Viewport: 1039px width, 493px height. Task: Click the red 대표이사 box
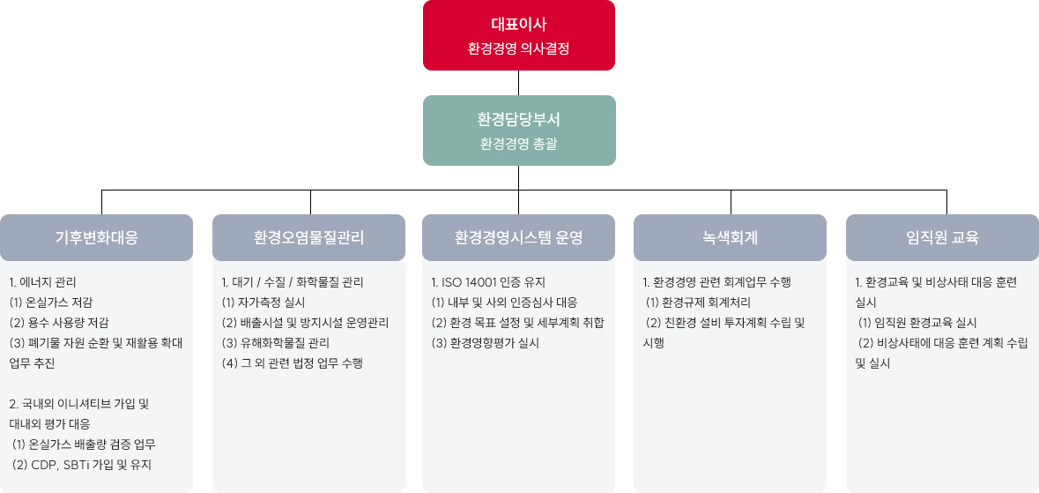pyautogui.click(x=519, y=35)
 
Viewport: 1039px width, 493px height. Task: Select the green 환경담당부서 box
pyautogui.click(x=519, y=130)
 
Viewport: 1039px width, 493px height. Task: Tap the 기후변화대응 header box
pyautogui.click(x=97, y=237)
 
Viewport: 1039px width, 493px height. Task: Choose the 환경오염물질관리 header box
pyautogui.click(x=308, y=237)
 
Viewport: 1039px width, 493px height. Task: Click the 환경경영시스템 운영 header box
pyautogui.click(x=519, y=237)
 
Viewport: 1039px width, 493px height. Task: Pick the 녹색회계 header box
pyautogui.click(x=731, y=237)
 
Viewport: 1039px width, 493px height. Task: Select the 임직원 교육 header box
pyautogui.click(x=942, y=237)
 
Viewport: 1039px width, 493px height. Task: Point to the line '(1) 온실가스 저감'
pyautogui.click(x=50, y=303)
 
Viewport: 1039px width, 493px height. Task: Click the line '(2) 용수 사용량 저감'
pyautogui.click(x=59, y=323)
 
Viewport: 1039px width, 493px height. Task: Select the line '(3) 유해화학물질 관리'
pyautogui.click(x=276, y=343)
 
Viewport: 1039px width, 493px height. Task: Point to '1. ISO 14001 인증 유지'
pyautogui.click(x=488, y=282)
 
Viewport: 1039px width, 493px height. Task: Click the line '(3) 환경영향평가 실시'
pyautogui.click(x=485, y=343)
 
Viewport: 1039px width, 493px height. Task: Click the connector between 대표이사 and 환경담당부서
pyautogui.click(x=519, y=83)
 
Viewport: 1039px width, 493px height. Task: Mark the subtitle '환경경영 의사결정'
pyautogui.click(x=519, y=49)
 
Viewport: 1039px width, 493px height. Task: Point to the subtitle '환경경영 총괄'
pyautogui.click(x=519, y=144)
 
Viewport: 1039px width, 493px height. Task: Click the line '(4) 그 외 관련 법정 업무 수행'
pyautogui.click(x=293, y=363)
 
